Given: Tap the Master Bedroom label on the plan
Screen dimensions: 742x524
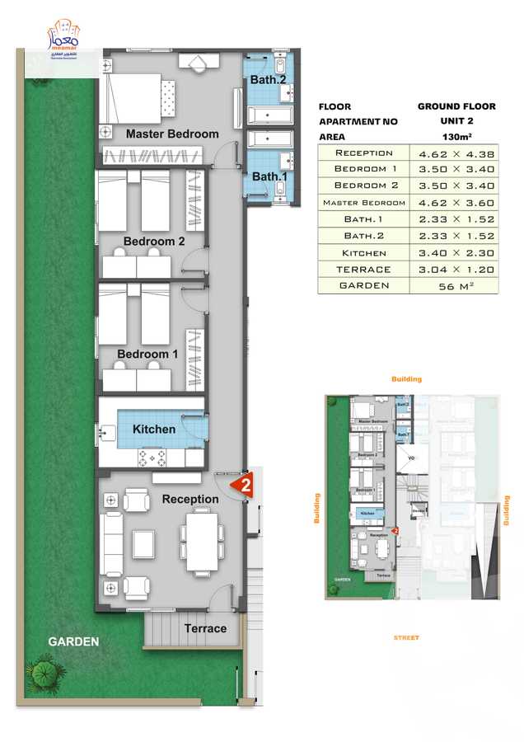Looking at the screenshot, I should (172, 134).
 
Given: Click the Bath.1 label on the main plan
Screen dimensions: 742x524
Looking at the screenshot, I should (268, 176).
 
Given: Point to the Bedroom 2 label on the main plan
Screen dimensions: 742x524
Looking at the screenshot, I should (154, 242).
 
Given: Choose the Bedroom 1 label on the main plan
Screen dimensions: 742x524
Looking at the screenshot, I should (147, 355).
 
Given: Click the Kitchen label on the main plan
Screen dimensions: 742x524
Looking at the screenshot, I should (154, 430).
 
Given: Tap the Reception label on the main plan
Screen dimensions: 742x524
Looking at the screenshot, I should (190, 500).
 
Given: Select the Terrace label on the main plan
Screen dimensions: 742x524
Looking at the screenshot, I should (205, 628).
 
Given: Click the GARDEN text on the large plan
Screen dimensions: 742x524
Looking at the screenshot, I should (73, 641).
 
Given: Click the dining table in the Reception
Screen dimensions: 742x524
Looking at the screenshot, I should (202, 541).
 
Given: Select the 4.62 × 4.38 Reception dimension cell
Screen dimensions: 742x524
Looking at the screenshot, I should (456, 153).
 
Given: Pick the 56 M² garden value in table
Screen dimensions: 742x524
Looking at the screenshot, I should (456, 286).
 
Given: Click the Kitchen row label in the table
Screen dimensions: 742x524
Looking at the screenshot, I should (364, 253).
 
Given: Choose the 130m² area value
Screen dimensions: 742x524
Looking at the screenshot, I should (456, 137).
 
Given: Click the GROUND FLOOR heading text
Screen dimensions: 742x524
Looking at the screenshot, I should (456, 106).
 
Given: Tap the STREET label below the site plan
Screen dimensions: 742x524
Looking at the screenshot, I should (405, 637).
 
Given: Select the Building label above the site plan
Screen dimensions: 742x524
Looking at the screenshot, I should (406, 379).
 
